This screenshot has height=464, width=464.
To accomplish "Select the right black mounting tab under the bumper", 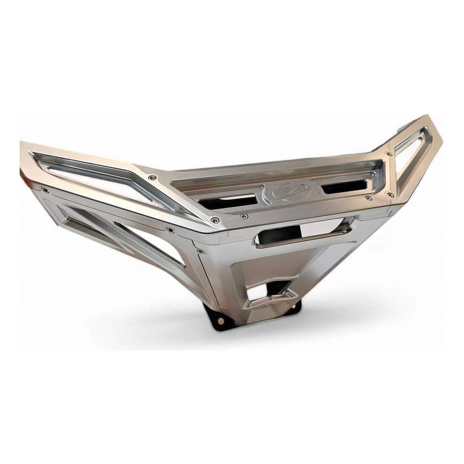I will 294,308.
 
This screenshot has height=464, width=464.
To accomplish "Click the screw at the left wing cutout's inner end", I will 152,178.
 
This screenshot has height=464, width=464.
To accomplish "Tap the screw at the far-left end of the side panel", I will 45,190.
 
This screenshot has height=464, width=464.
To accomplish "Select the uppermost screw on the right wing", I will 389,154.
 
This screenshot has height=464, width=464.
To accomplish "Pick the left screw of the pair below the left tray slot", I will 215,220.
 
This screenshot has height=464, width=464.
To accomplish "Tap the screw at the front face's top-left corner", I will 201,251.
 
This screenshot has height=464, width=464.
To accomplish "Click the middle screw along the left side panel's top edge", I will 170,230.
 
